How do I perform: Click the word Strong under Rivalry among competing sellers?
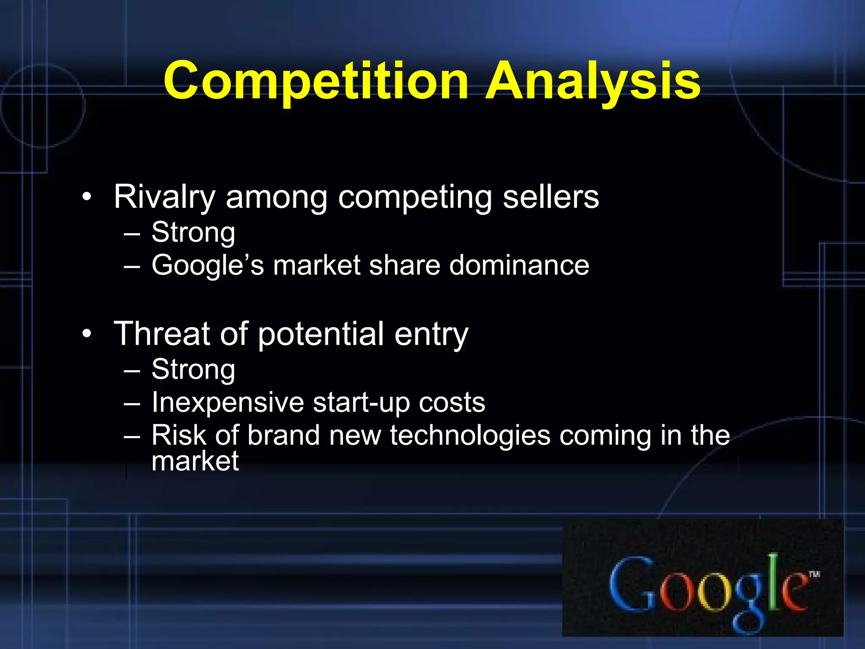coord(193,232)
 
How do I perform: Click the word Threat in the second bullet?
coord(162,334)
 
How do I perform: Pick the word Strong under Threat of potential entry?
coord(193,369)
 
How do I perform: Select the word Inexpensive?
coord(228,402)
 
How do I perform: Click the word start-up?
coord(362,402)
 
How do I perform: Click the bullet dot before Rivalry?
coord(87,197)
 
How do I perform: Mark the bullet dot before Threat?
coord(87,334)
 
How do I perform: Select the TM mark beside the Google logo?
coord(814,574)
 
